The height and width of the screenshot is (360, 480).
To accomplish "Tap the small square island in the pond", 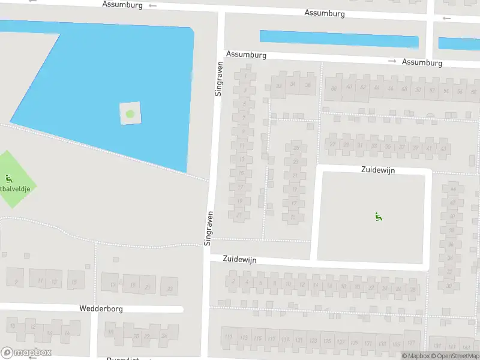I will tap(130, 113).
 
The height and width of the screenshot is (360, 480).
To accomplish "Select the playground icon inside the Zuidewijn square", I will tap(378, 217).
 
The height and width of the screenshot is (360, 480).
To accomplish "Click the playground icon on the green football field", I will tap(8, 178).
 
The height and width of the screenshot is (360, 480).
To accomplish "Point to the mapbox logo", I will tap(26, 353).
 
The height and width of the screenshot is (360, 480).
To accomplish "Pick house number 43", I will tap(443, 148).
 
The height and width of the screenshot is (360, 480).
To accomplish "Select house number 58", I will tap(474, 91).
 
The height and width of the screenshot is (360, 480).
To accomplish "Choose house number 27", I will tap(332, 145).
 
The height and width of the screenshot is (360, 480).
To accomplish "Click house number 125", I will tap(327, 342).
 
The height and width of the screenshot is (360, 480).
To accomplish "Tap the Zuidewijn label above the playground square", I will tap(378, 170).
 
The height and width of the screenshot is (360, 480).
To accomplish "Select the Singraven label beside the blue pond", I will tap(218, 78).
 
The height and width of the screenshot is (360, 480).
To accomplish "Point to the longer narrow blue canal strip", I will tap(338, 39).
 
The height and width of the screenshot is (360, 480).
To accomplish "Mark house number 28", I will tap(413, 289).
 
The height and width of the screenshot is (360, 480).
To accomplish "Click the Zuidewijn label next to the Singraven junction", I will tap(240, 259).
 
